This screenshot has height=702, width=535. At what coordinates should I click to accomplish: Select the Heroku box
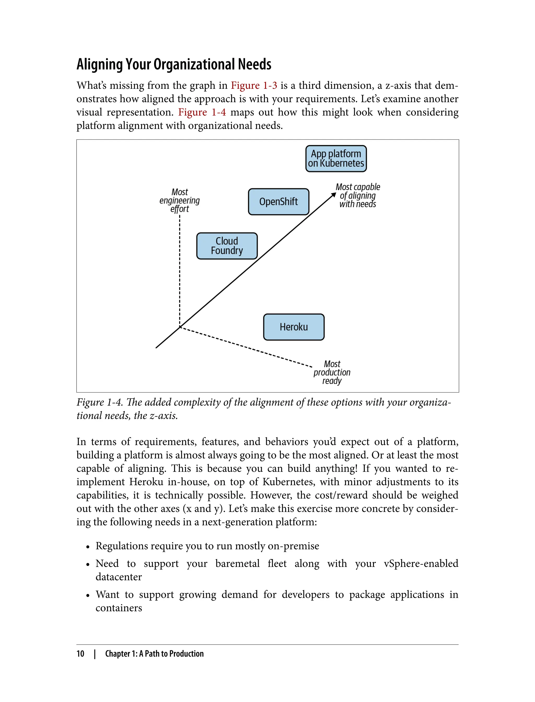coord(294,327)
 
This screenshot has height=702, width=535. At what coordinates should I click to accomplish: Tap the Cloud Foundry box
coord(227,246)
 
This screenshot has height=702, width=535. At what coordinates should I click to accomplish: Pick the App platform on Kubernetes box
coord(336,159)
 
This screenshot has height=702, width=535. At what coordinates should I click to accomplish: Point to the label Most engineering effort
coord(180,201)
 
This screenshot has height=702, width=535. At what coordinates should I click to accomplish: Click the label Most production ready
coord(332,372)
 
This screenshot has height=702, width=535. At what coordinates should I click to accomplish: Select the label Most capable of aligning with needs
coord(358,195)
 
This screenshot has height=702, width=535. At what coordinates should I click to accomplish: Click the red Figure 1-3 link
coord(254,85)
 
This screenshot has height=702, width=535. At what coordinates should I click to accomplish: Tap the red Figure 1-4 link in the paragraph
coord(202,112)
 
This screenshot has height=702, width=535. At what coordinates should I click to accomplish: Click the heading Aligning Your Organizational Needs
coord(174,64)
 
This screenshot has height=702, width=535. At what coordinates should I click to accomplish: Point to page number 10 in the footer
coord(80,654)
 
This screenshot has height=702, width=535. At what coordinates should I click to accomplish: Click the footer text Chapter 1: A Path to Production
coord(154,654)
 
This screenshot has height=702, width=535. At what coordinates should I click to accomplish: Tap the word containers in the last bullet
coord(119,608)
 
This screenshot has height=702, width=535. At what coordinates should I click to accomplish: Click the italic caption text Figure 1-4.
coord(99,402)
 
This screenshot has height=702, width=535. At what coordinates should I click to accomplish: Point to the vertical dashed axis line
coord(180,271)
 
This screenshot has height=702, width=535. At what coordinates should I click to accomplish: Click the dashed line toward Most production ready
coord(245,347)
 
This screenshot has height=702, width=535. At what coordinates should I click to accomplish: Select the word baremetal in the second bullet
coord(237,564)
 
